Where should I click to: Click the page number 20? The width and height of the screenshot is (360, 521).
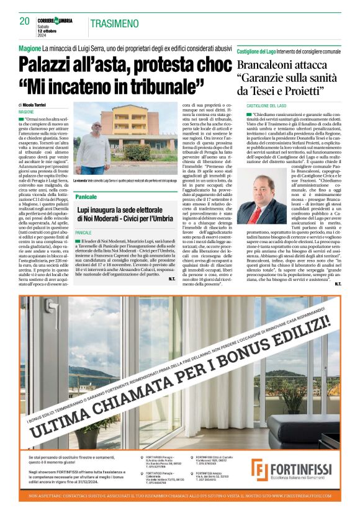click(25, 21)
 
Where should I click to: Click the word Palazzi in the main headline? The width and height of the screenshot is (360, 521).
click(55, 64)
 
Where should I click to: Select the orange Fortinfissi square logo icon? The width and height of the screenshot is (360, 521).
click(259, 470)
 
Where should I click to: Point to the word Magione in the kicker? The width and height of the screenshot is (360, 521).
click(30, 48)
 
